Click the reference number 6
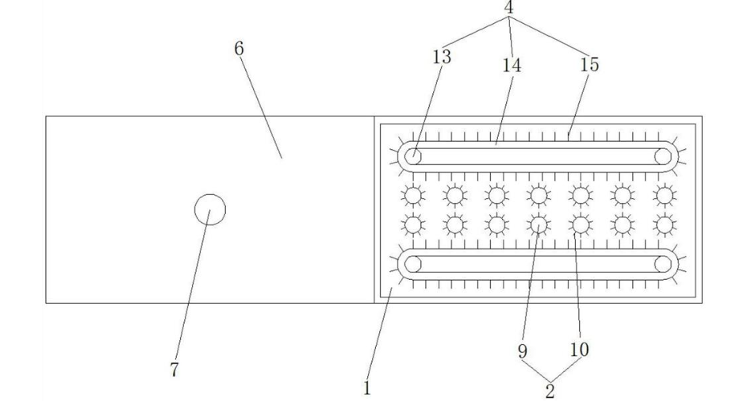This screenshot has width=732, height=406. point(239,48)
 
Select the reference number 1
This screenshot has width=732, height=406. point(366,388)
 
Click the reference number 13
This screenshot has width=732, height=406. point(442,57)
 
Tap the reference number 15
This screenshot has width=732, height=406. point(589,65)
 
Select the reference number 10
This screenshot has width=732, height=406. point(580,348)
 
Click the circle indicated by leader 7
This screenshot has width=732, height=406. point(210,209)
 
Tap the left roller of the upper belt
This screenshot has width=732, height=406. point(413,155)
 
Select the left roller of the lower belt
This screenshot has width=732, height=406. point(413,264)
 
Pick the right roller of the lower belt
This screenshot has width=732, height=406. point(663,264)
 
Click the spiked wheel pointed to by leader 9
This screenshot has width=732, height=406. point(539,225)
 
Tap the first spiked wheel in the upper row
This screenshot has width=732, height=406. point(412,194)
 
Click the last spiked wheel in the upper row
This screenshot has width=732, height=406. point(665,194)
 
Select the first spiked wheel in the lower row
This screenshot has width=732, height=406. point(412,225)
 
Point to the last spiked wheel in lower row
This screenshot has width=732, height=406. point(665,225)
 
